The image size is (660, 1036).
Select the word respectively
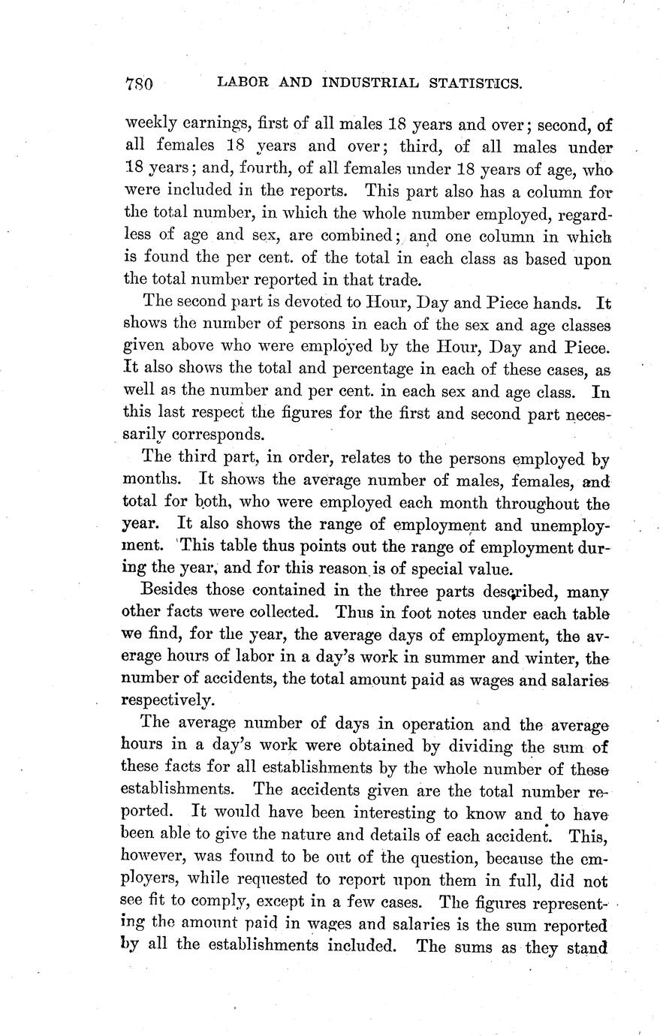[167, 701]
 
